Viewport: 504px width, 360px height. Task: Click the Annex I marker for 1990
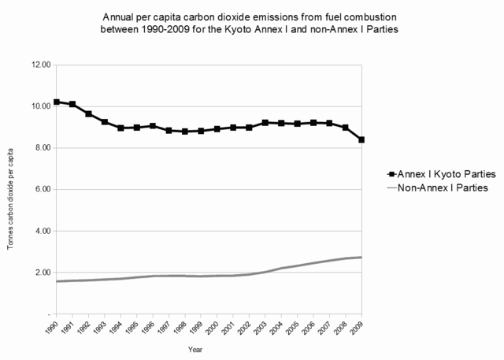[57, 102]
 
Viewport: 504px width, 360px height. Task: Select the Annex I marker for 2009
[361, 139]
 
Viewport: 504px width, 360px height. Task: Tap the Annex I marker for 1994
[120, 128]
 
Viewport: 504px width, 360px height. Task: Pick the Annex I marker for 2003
[265, 123]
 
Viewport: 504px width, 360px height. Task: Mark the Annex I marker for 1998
[185, 132]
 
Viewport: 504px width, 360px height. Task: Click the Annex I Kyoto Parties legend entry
[430, 173]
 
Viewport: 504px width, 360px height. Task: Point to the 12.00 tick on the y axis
[40, 65]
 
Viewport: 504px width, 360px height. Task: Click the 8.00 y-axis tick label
[42, 148]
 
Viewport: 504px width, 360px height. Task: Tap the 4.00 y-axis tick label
[42, 231]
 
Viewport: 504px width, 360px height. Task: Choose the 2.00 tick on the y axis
[42, 273]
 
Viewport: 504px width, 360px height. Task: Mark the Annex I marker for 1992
[89, 114]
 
